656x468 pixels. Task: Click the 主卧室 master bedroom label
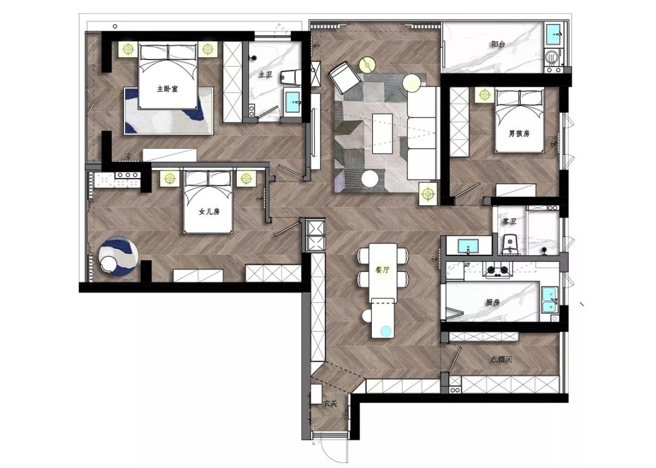click(x=168, y=89)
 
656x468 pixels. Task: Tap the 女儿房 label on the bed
click(x=209, y=212)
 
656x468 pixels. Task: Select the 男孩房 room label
click(x=519, y=134)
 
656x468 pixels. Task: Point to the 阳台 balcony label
click(x=498, y=44)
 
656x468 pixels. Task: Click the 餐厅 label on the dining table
click(x=383, y=270)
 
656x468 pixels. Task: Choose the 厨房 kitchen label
click(x=493, y=302)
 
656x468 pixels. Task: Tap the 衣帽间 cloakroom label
click(x=501, y=359)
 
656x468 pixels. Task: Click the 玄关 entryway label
click(x=330, y=404)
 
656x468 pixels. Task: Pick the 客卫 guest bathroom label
click(x=510, y=221)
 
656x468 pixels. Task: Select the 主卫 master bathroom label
click(x=265, y=75)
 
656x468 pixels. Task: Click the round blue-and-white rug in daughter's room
click(x=118, y=255)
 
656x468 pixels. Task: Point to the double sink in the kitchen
click(x=550, y=300)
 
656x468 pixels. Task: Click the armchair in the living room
click(x=344, y=77)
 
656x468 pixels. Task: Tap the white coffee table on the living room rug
click(x=383, y=134)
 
